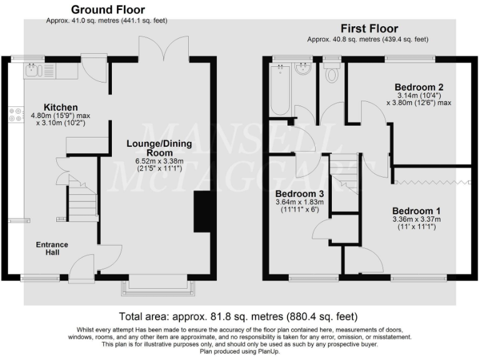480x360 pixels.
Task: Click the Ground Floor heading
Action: point(107,10)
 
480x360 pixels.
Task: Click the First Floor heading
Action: point(369,29)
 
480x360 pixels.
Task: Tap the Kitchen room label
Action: point(61,107)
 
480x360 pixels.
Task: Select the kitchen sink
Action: point(34,70)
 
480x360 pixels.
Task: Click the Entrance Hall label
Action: point(52,248)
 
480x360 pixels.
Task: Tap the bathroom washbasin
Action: point(304,69)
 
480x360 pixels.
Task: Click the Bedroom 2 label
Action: point(419,86)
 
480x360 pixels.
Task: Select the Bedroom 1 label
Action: point(417,211)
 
